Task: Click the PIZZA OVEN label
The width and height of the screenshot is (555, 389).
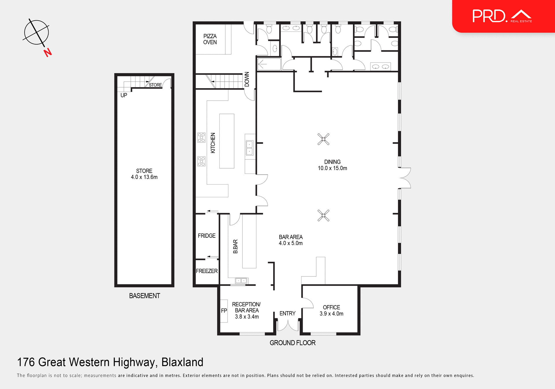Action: click(x=210, y=39)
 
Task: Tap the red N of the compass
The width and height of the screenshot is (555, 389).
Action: click(x=48, y=53)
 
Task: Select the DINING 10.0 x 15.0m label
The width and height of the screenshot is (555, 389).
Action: click(x=332, y=165)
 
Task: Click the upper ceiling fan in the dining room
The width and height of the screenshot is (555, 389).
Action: click(x=323, y=139)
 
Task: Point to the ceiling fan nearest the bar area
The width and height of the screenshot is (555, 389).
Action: click(x=323, y=215)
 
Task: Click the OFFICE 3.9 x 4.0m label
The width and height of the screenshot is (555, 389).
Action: click(x=331, y=310)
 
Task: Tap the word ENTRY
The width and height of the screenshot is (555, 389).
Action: click(x=287, y=314)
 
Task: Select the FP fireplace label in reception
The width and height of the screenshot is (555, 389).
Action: click(x=224, y=311)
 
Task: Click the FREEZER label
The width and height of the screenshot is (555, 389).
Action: click(x=207, y=271)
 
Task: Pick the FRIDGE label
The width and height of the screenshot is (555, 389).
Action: click(x=207, y=236)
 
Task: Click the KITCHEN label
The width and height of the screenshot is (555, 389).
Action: click(x=213, y=143)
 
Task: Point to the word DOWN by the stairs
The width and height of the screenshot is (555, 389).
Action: click(x=247, y=79)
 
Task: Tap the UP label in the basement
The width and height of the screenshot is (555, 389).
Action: click(x=124, y=95)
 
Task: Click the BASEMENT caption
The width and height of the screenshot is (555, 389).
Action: click(x=145, y=296)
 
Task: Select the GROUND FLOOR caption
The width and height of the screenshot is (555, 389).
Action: click(x=293, y=343)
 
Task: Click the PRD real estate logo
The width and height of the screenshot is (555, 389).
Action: click(x=502, y=16)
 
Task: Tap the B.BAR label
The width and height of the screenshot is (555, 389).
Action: click(x=236, y=246)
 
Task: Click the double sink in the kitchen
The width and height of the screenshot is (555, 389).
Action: click(x=249, y=148)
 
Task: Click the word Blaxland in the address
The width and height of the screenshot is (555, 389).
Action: click(x=182, y=362)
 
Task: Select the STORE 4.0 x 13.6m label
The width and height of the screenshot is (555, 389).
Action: click(x=144, y=174)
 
